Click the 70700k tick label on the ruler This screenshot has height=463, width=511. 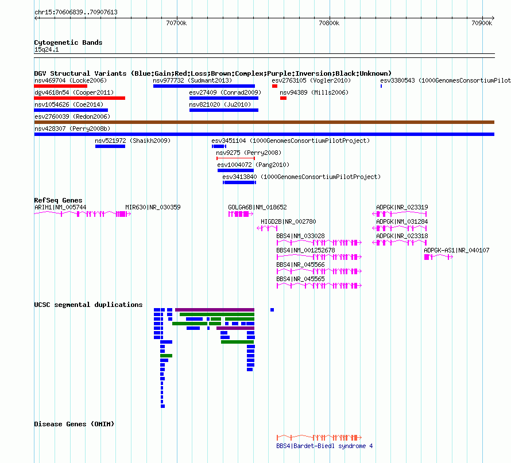pos(176,23)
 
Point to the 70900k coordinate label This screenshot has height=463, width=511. pos(482,23)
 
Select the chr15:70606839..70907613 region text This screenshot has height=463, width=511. pos(76,13)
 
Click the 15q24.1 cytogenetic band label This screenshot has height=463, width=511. pos(47,49)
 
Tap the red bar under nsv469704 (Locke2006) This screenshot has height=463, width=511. pos(61,86)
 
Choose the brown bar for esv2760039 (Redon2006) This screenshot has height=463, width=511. pos(264,122)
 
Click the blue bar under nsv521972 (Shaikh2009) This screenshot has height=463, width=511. pos(110,146)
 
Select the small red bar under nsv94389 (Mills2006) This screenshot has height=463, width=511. pos(283,98)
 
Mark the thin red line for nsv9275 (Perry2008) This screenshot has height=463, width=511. pos(235,158)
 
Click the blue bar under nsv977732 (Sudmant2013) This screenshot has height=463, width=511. pos(204,86)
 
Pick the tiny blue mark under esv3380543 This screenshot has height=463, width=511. pos(381,86)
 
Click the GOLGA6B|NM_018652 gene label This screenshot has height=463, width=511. pos(257,208)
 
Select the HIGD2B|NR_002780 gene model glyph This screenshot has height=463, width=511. pos(267,228)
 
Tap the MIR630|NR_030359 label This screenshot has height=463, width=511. pos(153,208)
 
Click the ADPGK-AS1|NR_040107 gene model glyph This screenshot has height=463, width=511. pos(438,257)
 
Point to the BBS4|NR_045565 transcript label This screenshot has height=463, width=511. pos(300,279)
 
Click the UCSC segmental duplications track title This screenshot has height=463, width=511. pos(88,305)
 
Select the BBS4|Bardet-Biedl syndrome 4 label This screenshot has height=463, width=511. pos(324,446)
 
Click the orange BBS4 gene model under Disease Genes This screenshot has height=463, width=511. pos(319,437)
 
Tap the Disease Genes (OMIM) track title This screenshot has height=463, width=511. pos(74,424)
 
